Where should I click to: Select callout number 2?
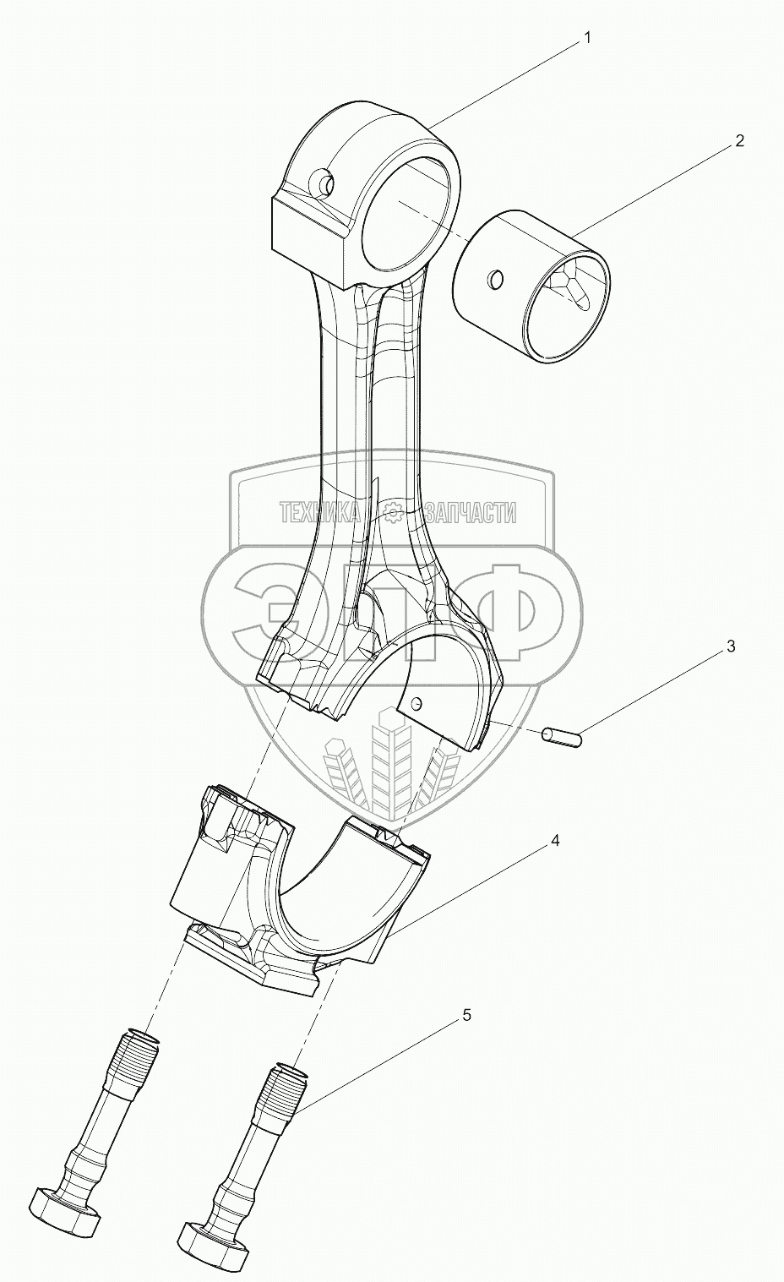click(x=738, y=141)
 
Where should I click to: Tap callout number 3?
click(x=730, y=647)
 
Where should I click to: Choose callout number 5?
click(x=466, y=1015)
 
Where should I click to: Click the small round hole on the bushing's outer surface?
click(x=496, y=278)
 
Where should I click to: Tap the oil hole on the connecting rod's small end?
click(x=322, y=182)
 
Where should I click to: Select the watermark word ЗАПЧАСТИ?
click(x=471, y=512)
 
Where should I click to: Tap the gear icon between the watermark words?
click(x=392, y=512)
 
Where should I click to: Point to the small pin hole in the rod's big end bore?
click(x=416, y=702)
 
